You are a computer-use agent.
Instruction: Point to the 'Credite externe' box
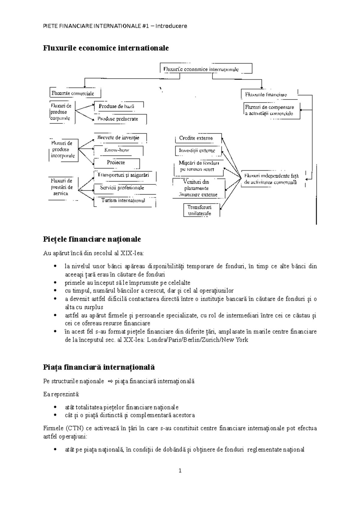point(196,138)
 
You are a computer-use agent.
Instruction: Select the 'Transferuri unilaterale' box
point(200,210)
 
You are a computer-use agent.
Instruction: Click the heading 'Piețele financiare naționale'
point(92,239)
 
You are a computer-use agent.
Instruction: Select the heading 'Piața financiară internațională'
point(99,367)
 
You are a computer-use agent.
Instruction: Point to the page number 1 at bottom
point(180,471)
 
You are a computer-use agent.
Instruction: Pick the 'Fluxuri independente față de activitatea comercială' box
point(271,179)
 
